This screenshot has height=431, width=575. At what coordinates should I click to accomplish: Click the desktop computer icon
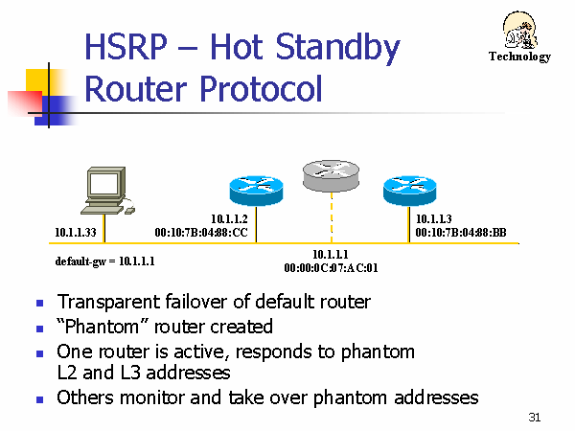tap(107, 191)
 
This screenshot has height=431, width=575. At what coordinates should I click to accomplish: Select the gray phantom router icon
tap(331, 175)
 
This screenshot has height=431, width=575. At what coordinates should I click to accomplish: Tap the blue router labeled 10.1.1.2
tap(256, 191)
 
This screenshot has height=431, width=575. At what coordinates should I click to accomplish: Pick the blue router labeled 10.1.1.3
tap(409, 191)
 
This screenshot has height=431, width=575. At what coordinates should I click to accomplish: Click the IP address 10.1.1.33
tap(76, 233)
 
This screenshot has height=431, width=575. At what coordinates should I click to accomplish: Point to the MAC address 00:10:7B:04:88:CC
tap(201, 233)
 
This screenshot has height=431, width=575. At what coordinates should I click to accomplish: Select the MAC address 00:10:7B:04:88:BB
tap(461, 233)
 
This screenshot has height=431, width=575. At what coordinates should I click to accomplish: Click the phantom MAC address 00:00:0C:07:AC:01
tap(331, 268)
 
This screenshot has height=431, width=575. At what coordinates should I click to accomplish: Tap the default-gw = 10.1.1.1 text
tap(104, 261)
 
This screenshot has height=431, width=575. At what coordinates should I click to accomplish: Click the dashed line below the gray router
tap(332, 217)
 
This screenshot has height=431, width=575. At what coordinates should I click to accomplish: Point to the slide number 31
tap(535, 417)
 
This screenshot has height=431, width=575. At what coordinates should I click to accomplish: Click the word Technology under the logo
tap(519, 57)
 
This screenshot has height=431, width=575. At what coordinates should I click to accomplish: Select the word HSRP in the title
tap(126, 47)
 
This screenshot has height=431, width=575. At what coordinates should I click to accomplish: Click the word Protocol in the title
tap(261, 89)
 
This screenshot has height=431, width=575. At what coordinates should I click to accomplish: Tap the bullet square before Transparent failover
tap(39, 304)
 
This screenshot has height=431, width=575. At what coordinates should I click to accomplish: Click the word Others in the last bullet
tap(85, 397)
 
